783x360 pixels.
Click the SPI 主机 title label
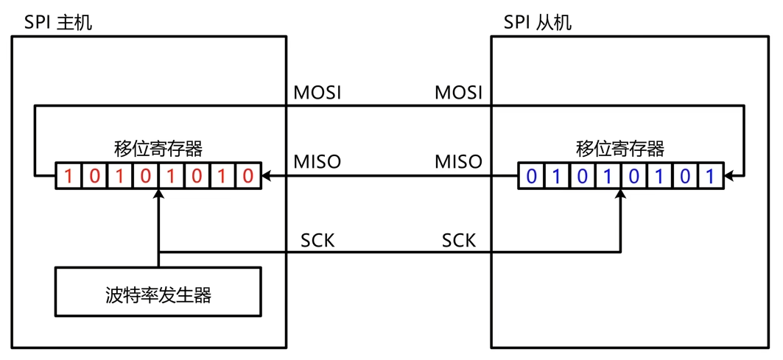pyautogui.click(x=58, y=22)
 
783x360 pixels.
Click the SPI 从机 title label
pyautogui.click(x=537, y=22)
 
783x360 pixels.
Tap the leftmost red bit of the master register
pyautogui.click(x=69, y=177)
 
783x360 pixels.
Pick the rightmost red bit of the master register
pyautogui.click(x=248, y=177)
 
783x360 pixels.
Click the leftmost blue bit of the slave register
pyautogui.click(x=531, y=177)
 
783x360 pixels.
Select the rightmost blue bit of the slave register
pyautogui.click(x=710, y=177)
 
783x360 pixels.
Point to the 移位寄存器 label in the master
pyautogui.click(x=158, y=149)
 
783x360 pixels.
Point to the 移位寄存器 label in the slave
pyautogui.click(x=620, y=149)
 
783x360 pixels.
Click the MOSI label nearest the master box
pyautogui.click(x=317, y=93)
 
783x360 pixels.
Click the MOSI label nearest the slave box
pyautogui.click(x=458, y=93)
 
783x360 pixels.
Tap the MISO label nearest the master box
pyautogui.click(x=317, y=161)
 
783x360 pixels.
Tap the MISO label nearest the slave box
pyautogui.click(x=458, y=161)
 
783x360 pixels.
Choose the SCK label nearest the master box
pyautogui.click(x=317, y=241)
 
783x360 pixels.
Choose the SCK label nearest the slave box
pyautogui.click(x=458, y=241)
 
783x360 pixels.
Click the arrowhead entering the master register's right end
pyautogui.click(x=267, y=177)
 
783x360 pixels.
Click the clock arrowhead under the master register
pyautogui.click(x=158, y=194)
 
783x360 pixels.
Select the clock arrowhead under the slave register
pyautogui.click(x=620, y=194)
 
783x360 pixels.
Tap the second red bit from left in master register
pyautogui.click(x=94, y=177)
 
